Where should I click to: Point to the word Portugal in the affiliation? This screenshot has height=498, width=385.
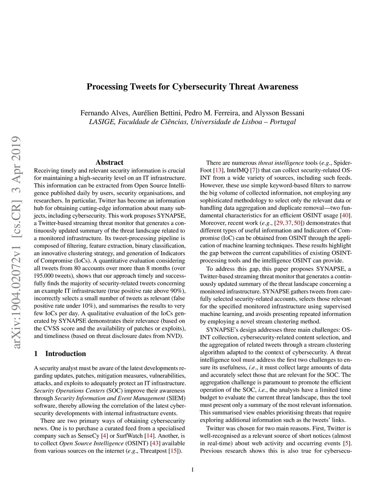(283, 122)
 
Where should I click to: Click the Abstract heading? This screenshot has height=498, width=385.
(109, 162)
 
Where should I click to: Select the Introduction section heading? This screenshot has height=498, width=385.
(65, 354)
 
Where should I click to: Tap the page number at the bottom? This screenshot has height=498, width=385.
(192, 469)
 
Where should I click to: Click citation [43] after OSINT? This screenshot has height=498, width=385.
(155, 444)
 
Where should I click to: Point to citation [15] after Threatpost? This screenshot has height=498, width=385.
(173, 451)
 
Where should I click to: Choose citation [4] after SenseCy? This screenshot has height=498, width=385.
(105, 436)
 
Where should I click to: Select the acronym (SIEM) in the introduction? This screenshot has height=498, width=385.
(176, 398)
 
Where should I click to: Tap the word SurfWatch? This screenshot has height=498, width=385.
(130, 436)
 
